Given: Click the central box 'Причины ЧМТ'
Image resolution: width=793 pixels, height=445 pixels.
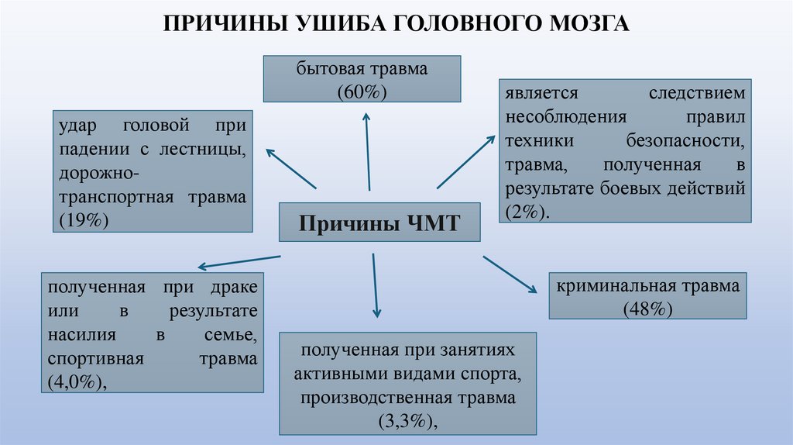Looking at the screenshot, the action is point(379,224).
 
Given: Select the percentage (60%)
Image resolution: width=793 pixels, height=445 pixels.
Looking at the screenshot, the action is point(362,91).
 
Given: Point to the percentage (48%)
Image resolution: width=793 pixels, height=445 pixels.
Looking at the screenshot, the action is point(647,308).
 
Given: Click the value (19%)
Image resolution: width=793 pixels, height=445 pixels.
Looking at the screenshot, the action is point(83,219).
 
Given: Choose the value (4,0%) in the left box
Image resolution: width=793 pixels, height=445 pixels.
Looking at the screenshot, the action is point(77,382).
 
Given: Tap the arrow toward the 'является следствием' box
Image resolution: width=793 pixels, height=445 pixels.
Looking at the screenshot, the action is point(465,161).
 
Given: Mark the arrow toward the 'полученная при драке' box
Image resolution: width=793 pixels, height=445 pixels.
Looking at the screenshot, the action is point(239,261).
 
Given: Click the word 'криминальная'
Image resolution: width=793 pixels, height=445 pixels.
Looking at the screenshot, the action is point(609,285).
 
